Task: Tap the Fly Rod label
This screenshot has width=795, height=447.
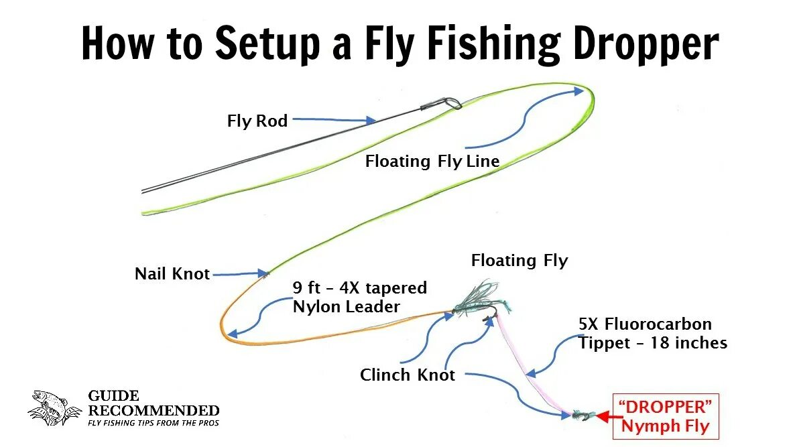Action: click(257, 121)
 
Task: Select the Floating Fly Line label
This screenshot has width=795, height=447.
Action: click(432, 162)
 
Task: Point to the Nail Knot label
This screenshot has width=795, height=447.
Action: click(172, 273)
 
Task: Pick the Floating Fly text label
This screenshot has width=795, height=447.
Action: click(519, 260)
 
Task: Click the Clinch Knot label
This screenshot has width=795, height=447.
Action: click(408, 375)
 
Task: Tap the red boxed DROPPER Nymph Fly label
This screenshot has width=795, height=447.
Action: click(665, 416)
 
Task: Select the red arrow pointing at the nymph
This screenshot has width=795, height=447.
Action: click(604, 416)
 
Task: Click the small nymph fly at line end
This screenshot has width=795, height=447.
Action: click(581, 416)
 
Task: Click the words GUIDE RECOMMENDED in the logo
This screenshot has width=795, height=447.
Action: click(154, 403)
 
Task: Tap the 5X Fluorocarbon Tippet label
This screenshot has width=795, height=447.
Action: click(652, 333)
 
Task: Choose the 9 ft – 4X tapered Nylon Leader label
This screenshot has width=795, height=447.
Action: click(360, 298)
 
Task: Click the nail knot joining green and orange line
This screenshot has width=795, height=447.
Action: click(267, 273)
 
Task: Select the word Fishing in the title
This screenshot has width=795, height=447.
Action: click(493, 44)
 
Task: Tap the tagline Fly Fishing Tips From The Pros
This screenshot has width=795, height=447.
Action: click(154, 423)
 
